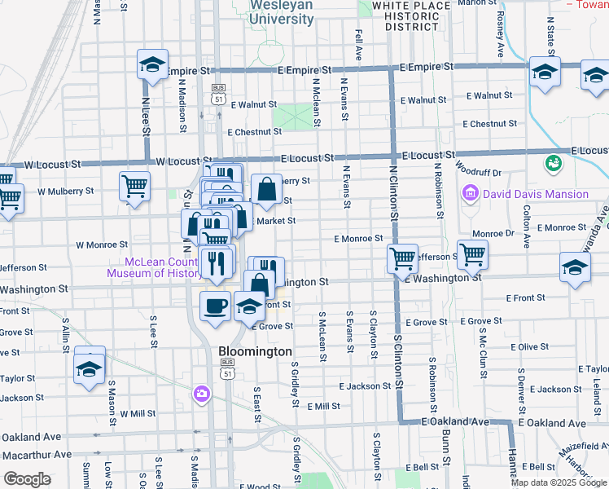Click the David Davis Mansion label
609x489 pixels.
535,194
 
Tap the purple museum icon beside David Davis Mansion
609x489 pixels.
470,194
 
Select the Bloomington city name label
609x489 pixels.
256,351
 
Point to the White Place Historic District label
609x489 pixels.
411,15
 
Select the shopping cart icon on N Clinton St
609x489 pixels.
402,258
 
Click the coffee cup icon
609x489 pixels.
215,306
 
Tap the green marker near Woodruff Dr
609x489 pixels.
554,163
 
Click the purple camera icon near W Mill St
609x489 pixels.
201,394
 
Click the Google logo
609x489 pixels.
27,478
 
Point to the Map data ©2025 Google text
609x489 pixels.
559,482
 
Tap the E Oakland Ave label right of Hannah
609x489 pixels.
551,424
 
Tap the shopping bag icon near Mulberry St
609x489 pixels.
266,190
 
